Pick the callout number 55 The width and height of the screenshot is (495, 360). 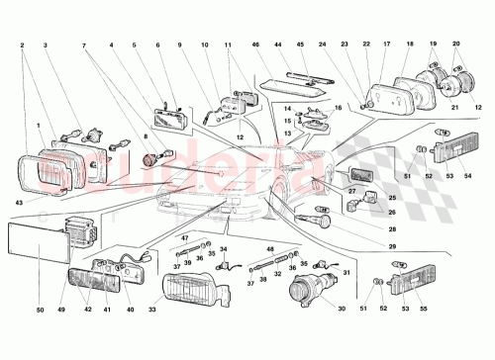point(424,310)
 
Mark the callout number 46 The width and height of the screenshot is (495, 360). point(254,45)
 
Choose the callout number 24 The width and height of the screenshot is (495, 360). point(322,45)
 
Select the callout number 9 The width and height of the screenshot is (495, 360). point(180,45)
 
